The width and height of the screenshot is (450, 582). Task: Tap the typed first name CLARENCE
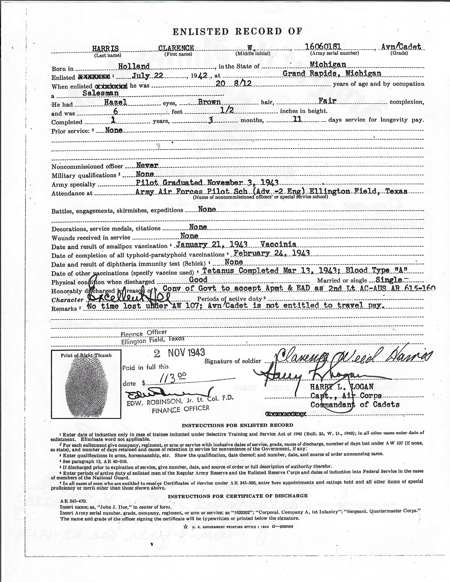tap(176, 48)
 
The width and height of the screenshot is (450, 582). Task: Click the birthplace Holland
tap(134, 66)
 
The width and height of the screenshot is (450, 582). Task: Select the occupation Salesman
tap(101, 93)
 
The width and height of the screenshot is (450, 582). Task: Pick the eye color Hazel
tap(115, 102)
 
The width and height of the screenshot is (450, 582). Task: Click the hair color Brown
tap(209, 102)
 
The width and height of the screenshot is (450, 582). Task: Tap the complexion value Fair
tap(327, 101)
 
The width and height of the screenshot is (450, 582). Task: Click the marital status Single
tap(388, 280)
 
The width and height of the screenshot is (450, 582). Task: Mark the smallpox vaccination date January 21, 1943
tap(212, 244)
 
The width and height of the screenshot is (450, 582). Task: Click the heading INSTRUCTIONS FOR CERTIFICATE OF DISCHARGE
tap(238, 496)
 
